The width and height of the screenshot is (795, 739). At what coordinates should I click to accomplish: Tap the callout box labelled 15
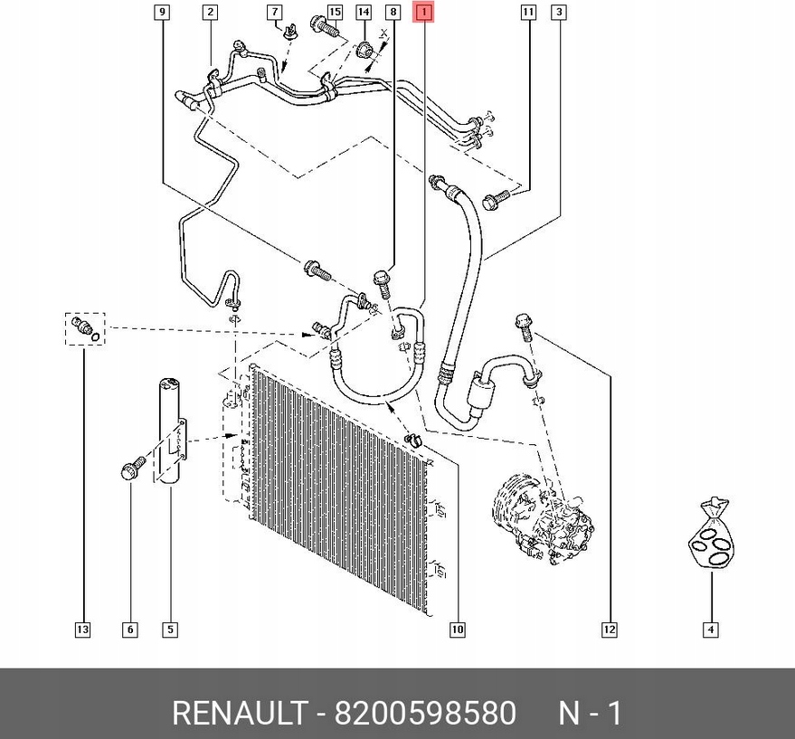coord(335,13)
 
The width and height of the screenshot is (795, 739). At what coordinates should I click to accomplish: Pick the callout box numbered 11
coord(527,13)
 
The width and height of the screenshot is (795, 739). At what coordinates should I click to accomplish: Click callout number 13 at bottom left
coord(82,630)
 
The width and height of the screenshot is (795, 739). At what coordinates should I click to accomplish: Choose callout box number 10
coord(458,630)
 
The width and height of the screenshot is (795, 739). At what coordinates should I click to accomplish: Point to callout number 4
coord(711,630)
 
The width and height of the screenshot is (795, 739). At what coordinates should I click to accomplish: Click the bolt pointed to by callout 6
coord(129,469)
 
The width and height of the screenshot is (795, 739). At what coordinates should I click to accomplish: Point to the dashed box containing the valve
coord(85,328)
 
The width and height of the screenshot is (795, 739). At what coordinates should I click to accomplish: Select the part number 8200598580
coord(425,714)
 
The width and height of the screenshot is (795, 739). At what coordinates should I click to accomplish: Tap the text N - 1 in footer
coord(590,714)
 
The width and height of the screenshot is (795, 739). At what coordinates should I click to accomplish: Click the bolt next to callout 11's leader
coord(493,201)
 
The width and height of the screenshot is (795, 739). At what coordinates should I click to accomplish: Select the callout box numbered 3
coord(560,13)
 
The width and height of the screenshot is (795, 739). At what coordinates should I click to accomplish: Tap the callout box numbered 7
coord(274,13)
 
